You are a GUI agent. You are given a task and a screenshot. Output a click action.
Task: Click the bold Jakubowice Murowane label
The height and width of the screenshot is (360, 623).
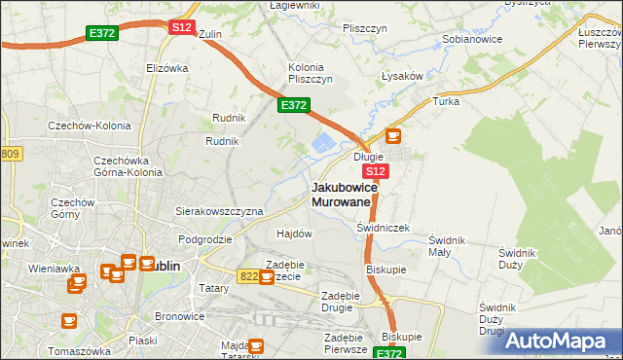coord(342,194)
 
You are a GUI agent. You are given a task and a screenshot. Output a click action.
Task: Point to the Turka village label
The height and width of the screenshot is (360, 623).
coord(446,101)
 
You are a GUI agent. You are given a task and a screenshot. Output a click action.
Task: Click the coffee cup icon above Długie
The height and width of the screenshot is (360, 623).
coord(393,136)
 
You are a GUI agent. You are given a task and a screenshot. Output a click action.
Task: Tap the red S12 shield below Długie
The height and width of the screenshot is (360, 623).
coord(378,171)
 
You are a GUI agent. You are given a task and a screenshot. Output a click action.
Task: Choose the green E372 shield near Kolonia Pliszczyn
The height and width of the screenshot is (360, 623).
coord(294,105)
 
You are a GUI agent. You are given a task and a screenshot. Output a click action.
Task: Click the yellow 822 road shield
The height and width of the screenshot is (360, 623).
coord(248,276)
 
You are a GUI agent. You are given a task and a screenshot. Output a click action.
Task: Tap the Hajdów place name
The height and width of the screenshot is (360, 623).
coord(294,234)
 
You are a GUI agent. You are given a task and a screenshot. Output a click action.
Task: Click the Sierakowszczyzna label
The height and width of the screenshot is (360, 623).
coord(219,210)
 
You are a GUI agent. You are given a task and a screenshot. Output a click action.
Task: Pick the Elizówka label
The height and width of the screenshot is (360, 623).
coord(166,68)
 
